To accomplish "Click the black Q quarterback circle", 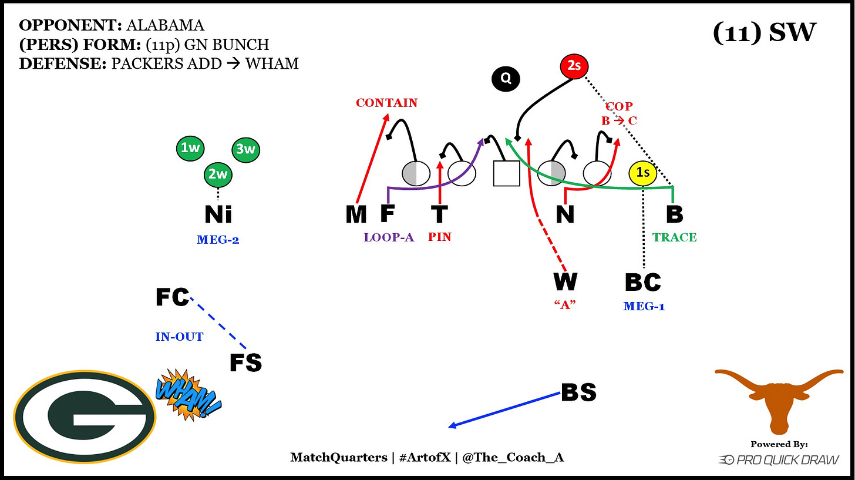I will (x=506, y=79).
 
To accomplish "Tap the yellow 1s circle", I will (x=643, y=173).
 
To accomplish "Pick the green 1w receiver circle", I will (x=190, y=149).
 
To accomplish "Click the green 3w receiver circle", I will (x=245, y=149).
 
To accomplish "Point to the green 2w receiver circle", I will (x=218, y=174).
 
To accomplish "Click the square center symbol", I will (x=506, y=173).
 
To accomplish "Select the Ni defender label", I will (x=218, y=214).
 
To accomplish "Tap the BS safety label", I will (x=578, y=392).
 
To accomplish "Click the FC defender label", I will (x=172, y=297).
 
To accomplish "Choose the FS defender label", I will (x=245, y=363).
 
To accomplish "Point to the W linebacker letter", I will (x=565, y=282).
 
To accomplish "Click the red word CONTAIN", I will (x=386, y=103).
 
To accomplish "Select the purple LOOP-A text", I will (x=389, y=237).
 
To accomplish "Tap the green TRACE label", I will (x=674, y=237).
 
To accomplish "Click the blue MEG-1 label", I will (x=644, y=306).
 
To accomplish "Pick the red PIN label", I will (x=440, y=237).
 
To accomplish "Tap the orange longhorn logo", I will (x=779, y=400).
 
